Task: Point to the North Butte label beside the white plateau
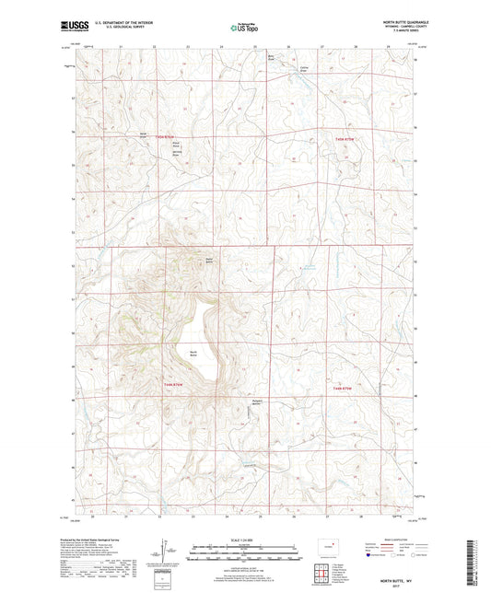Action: tap(193, 354)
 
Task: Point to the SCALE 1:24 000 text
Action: tap(245, 539)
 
